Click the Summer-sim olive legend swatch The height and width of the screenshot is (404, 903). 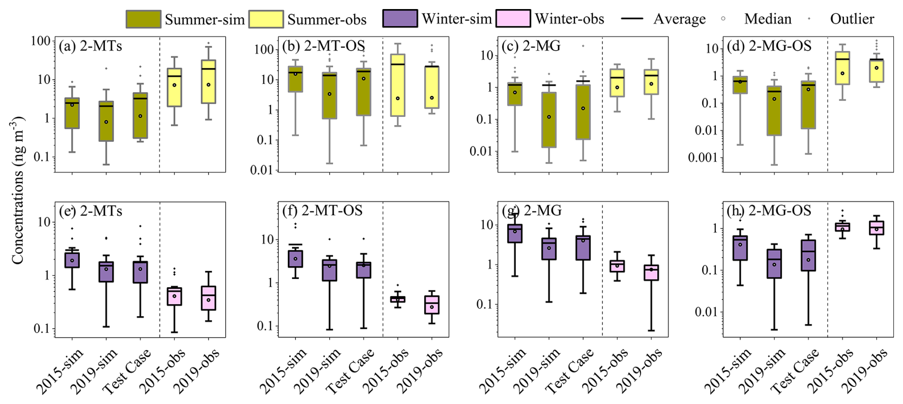tap(143, 19)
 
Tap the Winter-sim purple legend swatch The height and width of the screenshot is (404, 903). tap(399, 19)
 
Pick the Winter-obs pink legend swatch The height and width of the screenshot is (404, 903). tap(513, 19)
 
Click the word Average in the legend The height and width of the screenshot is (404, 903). tap(679, 19)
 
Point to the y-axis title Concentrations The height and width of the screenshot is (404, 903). tap(18, 191)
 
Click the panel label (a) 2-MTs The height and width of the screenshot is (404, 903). tap(90, 46)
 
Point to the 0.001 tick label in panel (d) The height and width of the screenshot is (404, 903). tap(703, 158)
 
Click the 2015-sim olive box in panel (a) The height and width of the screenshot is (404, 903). tap(72, 113)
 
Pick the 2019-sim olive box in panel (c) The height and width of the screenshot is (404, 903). tap(549, 120)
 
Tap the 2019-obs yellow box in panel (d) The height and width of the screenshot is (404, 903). tap(876, 71)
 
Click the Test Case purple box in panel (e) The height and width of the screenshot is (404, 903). tap(140, 272)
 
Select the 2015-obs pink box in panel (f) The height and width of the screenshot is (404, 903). tap(398, 299)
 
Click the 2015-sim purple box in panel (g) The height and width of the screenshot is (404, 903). tap(515, 233)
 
